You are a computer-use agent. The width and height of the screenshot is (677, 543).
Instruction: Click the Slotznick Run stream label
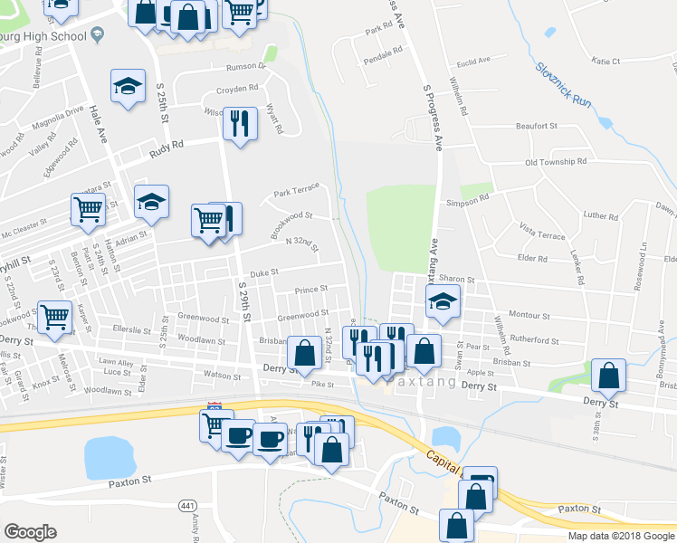[x=562, y=84]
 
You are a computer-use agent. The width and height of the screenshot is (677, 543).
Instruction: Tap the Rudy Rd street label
[x=167, y=144]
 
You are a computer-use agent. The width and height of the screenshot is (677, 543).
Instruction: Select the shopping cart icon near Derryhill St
[x=88, y=209]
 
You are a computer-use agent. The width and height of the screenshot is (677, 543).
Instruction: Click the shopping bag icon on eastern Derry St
[x=610, y=376]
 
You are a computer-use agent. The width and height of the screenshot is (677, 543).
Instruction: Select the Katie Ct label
[x=605, y=62]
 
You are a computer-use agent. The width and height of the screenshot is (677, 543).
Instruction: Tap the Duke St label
[x=263, y=271]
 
